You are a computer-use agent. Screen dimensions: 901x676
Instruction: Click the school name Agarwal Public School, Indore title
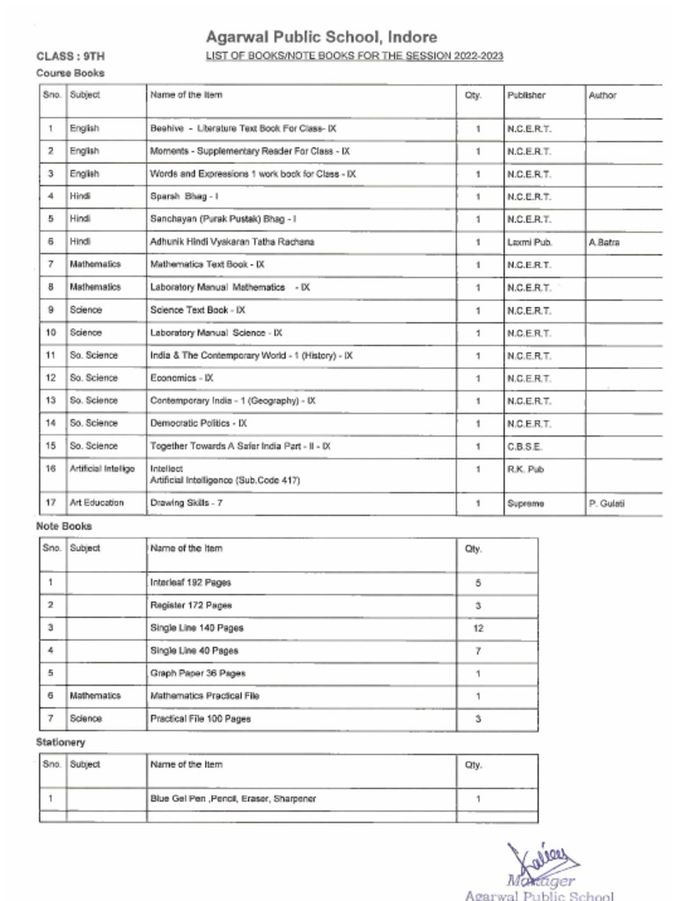321,37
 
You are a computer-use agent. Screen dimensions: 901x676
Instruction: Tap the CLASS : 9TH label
70,56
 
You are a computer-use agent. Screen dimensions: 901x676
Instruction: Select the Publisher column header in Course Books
526,95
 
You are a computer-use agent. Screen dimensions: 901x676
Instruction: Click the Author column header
603,95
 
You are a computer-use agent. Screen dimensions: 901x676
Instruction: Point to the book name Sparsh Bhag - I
178,196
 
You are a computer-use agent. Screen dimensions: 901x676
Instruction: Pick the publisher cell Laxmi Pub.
529,241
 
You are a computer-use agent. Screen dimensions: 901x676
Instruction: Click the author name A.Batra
604,242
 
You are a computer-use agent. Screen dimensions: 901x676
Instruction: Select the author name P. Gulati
606,503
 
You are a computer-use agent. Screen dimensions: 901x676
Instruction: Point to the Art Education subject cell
97,503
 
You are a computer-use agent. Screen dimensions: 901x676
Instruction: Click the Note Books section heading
63,526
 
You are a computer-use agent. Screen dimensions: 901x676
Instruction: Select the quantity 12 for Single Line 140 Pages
478,628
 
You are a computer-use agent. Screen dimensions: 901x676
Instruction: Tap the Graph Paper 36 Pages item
198,673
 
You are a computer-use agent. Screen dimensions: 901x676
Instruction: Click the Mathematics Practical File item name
205,696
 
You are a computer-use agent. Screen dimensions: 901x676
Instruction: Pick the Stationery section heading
61,743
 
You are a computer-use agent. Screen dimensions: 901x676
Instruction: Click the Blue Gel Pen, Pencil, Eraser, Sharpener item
233,799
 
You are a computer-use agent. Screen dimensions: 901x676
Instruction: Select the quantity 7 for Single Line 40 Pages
478,651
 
